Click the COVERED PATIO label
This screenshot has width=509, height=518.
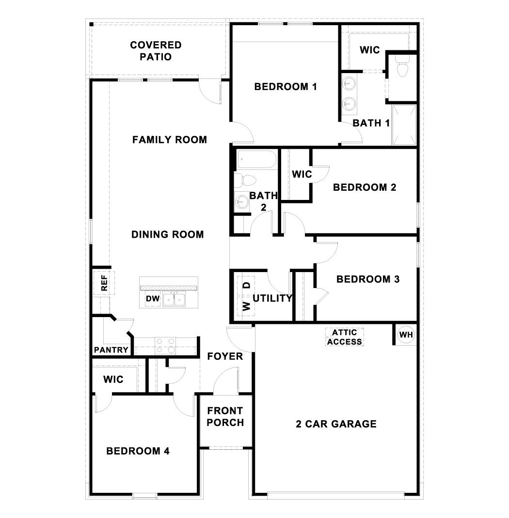coord(156,51)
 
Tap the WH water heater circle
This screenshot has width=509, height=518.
coord(405,335)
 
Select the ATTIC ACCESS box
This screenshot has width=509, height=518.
coord(345,337)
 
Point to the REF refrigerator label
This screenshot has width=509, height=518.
coord(104,283)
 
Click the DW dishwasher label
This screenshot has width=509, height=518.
coord(152,299)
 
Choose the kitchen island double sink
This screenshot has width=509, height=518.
coord(175,299)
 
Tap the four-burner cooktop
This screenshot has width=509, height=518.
coord(165,346)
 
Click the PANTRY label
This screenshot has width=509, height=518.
coord(111,350)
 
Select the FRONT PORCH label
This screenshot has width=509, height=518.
coord(225,417)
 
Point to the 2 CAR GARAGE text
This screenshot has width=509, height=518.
coord(336,424)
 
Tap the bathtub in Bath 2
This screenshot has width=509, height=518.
coord(256,160)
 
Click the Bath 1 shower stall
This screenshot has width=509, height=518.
coord(404,125)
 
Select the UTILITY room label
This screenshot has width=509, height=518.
coord(272,298)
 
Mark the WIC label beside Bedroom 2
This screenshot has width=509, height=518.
coord(302,174)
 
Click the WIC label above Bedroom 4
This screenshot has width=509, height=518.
coord(113,380)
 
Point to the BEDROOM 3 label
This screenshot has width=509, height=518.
coord(368,279)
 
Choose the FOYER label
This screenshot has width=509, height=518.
coord(225,357)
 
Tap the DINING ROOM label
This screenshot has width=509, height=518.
coord(168,235)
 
